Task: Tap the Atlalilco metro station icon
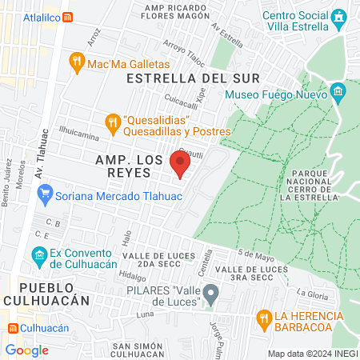tap(68, 16)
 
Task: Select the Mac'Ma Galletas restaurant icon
tap(78, 63)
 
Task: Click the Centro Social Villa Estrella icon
tap(341, 16)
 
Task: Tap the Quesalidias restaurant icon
tap(113, 122)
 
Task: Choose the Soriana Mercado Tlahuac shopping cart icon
tap(45, 193)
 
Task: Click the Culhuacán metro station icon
tap(14, 328)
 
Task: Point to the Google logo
tap(26, 350)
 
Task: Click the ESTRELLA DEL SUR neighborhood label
tap(193, 78)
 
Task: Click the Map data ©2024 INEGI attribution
tap(312, 353)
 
